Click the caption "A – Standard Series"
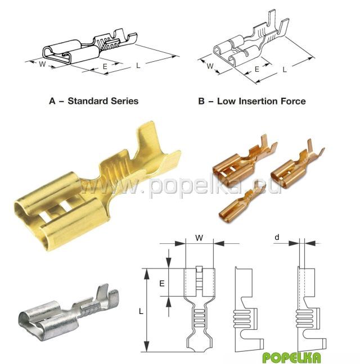click(94, 101)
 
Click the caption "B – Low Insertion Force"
click(252, 101)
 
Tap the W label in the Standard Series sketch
click(42, 64)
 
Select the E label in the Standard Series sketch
click(105, 67)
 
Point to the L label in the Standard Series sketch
click(138, 66)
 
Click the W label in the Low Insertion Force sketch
click(210, 66)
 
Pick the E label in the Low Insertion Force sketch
click(256, 70)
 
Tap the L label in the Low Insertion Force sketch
click(285, 70)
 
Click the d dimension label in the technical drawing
click(277, 237)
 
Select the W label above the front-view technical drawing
click(199, 238)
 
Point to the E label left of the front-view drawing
click(162, 283)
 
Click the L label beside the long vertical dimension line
click(141, 311)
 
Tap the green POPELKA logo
click(291, 357)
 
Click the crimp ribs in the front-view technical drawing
click(199, 317)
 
